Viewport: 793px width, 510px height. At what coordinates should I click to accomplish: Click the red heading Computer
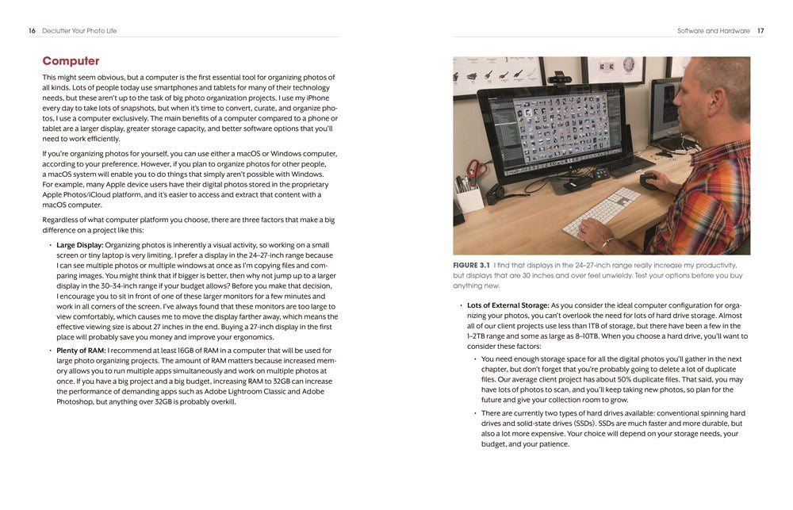click(x=71, y=61)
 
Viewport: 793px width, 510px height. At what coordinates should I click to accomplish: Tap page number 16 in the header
click(x=32, y=31)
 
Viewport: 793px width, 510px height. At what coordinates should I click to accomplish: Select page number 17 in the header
click(x=760, y=31)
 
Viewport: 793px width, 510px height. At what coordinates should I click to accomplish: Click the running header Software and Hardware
click(x=713, y=31)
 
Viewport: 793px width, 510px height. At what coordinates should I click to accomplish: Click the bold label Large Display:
click(x=80, y=245)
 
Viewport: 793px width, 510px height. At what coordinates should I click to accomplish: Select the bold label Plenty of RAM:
click(x=82, y=350)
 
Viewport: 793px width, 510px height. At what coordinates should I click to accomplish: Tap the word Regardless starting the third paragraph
click(x=62, y=220)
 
